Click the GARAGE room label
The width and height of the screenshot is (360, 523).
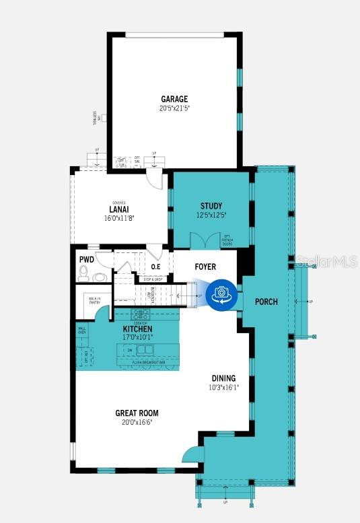coord(174,98)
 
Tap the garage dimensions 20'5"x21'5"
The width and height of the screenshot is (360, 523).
coord(174,108)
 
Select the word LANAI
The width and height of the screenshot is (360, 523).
coord(119,209)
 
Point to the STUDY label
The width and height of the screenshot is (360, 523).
coord(211,206)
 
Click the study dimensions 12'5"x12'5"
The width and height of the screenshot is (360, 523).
coord(211,215)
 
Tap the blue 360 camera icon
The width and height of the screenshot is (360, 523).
coord(220,293)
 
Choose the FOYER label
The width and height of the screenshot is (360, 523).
coord(205,267)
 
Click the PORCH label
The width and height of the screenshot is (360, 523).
coord(266,302)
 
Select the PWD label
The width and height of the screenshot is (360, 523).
coord(86,258)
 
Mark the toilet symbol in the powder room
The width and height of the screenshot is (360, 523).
coord(84,273)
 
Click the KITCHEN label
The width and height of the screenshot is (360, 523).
coord(142,328)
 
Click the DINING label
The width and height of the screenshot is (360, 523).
coord(223,378)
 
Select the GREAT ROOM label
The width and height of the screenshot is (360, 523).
coord(137,413)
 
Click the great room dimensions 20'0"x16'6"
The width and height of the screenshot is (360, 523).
coord(137,423)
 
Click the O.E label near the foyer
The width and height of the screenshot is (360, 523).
coord(155,267)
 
